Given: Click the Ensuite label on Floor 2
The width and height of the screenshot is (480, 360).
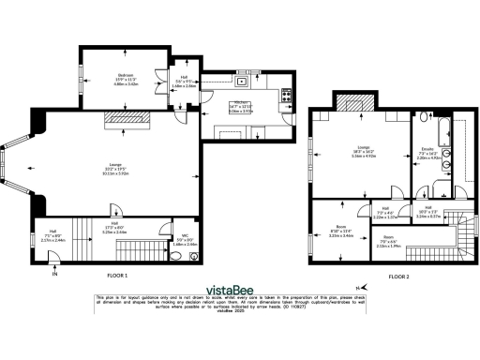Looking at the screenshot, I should [428, 149].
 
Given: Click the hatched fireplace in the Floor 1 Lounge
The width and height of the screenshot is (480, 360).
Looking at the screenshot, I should [120, 117].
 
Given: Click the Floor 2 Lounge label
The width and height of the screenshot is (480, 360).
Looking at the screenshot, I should [362, 147].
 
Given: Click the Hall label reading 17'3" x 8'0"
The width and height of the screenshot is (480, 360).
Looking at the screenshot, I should [114, 227].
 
